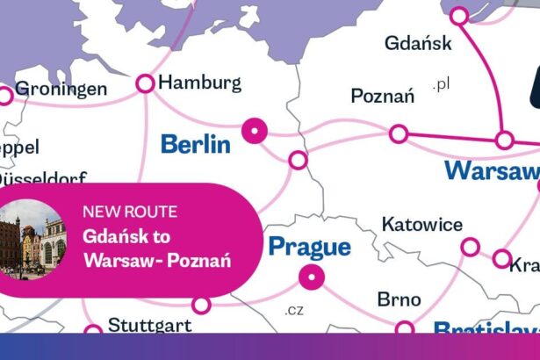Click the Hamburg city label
point(202,83)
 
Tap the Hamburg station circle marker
point(145,84)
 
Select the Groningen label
point(61,90)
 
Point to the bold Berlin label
point(195,144)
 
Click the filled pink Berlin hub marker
point(255,132)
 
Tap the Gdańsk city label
point(419,42)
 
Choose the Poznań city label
point(382,96)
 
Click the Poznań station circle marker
point(399,133)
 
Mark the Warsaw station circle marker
point(504,140)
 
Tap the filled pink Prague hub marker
point(311,280)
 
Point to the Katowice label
point(421,225)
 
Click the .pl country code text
point(441,85)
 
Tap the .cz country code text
point(293,310)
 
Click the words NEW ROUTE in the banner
point(129,212)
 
